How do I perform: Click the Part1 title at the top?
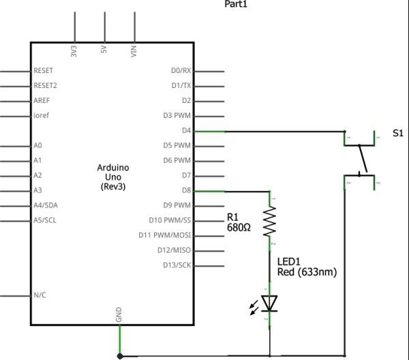point(236,5)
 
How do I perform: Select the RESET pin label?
point(44,71)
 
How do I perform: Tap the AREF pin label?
point(42,101)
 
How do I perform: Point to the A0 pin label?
point(37,146)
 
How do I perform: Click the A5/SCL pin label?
point(45,221)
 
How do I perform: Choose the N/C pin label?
point(40,295)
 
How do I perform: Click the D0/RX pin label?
point(181,71)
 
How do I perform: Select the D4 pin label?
point(186,131)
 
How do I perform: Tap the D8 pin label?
point(186,191)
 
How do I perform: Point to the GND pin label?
point(119,315)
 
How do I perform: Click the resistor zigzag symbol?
point(271,222)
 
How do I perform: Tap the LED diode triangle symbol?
point(271,301)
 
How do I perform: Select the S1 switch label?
point(398,134)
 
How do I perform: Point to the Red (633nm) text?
point(307,272)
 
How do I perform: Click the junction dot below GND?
point(120,355)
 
